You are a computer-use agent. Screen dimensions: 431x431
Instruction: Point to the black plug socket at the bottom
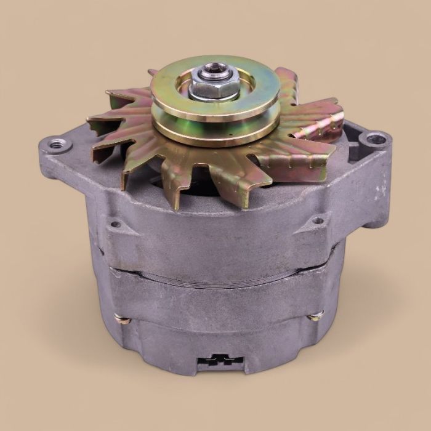click(x=216, y=360)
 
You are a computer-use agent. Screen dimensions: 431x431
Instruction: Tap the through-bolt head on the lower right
click(x=316, y=317)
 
